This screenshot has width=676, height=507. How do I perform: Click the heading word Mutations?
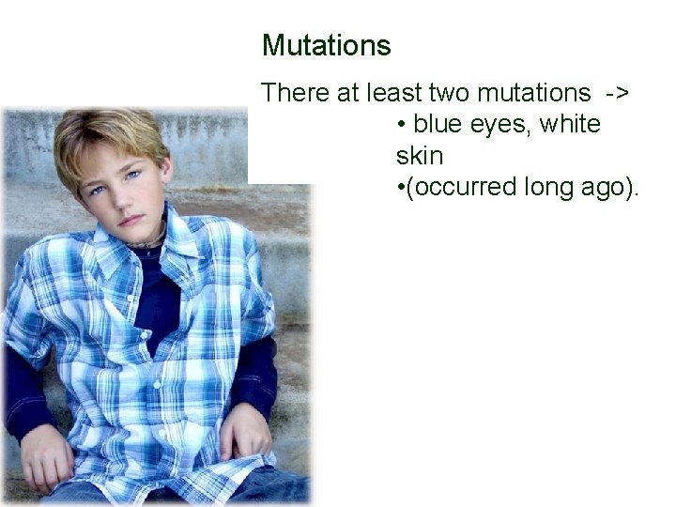coord(326,45)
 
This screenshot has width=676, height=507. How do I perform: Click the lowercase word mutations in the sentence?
coord(534,93)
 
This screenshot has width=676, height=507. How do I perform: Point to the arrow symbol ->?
coord(618,93)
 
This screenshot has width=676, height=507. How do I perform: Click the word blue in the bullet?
coord(439,124)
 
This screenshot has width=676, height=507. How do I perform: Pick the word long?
coord(543,187)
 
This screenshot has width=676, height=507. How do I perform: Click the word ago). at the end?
coord(607,187)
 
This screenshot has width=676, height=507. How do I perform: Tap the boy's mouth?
coord(129,221)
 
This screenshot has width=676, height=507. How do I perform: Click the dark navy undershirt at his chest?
coord(155,300)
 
